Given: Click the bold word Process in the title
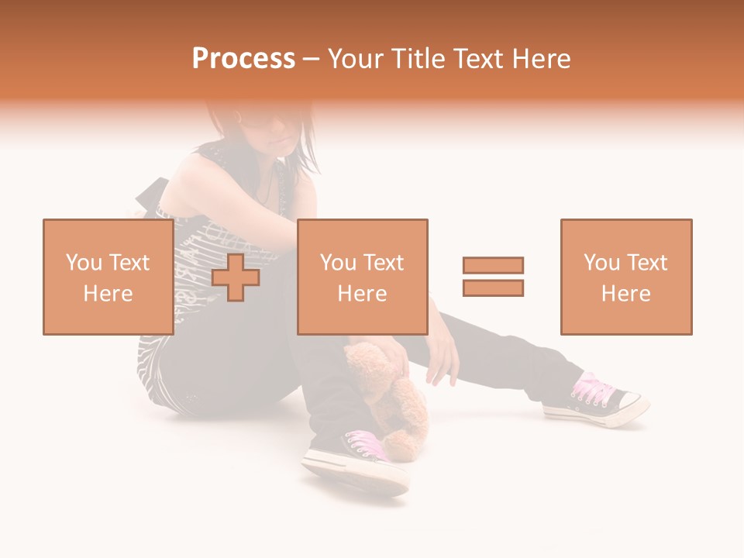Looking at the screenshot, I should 243,59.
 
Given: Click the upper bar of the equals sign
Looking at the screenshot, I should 493,266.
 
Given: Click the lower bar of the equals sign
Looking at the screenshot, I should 493,288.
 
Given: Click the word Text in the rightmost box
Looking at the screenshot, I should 646,263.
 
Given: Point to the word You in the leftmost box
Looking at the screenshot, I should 84,263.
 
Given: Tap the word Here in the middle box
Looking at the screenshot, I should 362,294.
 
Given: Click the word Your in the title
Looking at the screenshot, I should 357,59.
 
